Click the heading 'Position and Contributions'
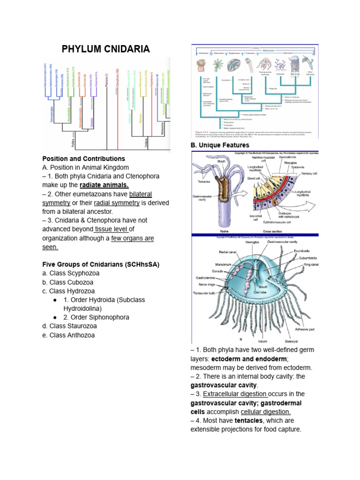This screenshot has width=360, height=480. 83,158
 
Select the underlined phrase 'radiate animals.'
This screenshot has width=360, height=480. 105,185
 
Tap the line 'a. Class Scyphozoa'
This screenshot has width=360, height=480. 71,273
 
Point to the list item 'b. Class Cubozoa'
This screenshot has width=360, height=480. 68,282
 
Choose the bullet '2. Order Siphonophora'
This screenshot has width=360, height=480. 96,317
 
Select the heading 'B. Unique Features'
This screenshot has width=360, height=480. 220,145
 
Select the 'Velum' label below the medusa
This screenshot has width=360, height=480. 262,341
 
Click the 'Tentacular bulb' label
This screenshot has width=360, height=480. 204,293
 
